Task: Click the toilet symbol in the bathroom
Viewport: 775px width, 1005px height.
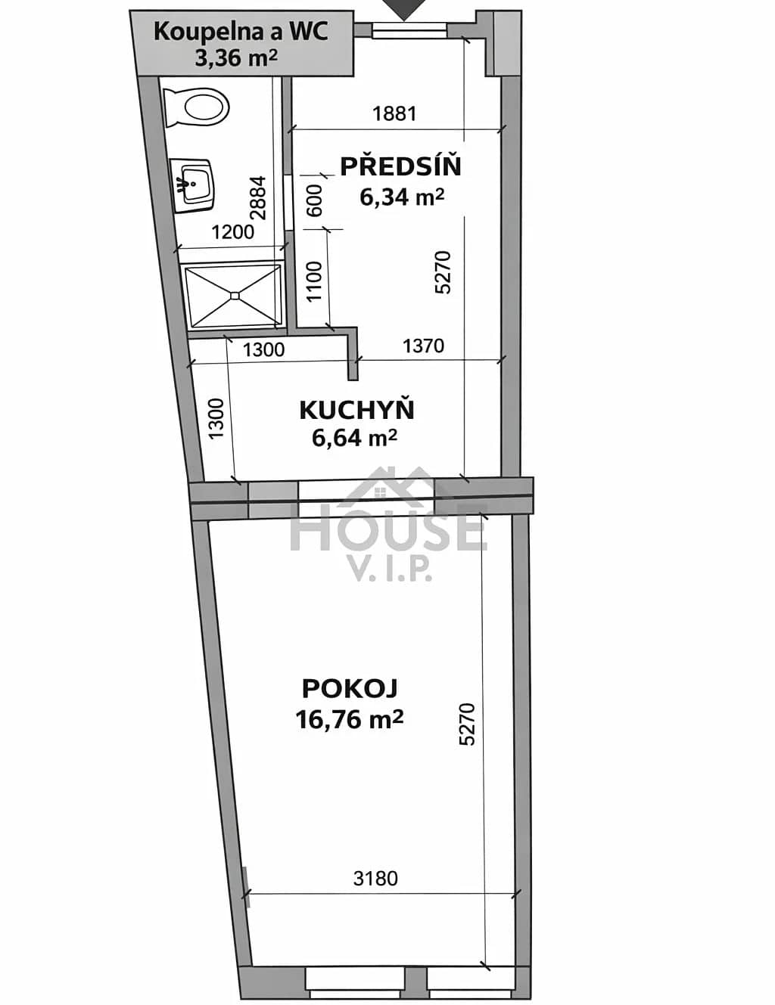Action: click(x=197, y=107)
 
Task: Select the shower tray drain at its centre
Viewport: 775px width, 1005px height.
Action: click(x=235, y=296)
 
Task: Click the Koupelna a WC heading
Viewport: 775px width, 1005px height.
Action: click(x=241, y=32)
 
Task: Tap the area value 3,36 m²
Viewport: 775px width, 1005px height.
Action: click(x=236, y=58)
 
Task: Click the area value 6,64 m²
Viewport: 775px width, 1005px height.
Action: click(x=354, y=438)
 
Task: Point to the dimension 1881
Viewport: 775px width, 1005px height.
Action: click(x=394, y=113)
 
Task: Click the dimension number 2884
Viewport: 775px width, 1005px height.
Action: click(x=258, y=197)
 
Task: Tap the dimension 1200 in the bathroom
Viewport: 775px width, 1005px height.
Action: click(x=233, y=232)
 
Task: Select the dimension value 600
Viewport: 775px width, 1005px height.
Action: click(x=315, y=200)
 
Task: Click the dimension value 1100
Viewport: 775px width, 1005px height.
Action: click(x=314, y=281)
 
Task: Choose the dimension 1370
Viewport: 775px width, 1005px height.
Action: click(x=423, y=346)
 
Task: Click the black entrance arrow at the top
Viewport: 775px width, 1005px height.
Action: click(x=404, y=9)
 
